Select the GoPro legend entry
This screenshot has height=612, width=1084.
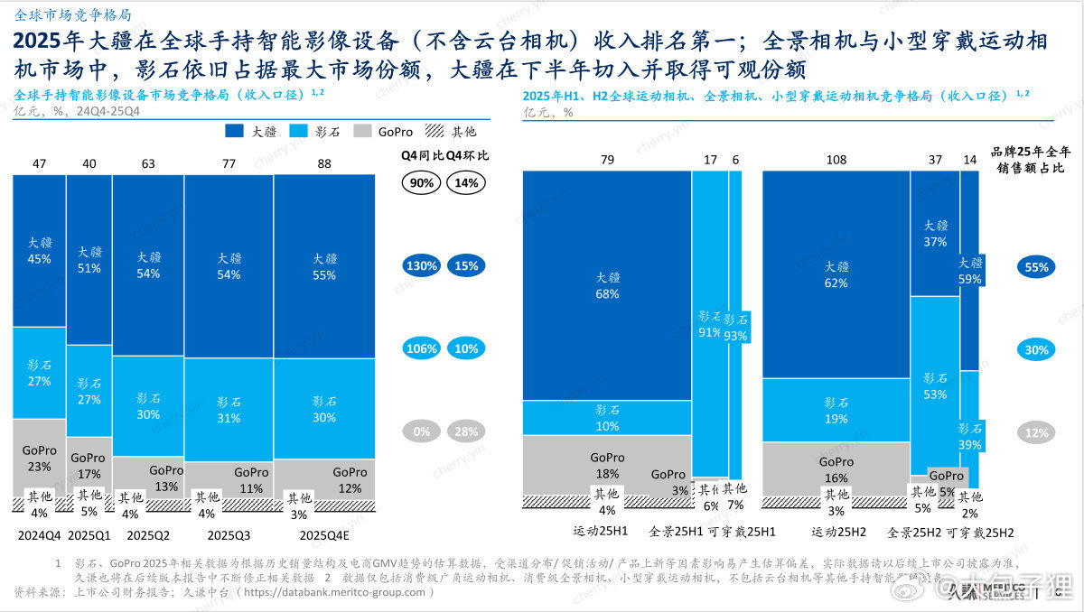coord(383,132)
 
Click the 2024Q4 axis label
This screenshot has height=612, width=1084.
coord(39,534)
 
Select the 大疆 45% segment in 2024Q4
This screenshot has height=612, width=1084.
coord(39,250)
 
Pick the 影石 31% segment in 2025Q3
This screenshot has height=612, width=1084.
coord(228,410)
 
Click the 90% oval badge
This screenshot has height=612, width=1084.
coord(423,182)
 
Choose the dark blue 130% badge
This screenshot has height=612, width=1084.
coord(423,266)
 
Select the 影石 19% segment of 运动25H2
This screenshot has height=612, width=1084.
coord(836,410)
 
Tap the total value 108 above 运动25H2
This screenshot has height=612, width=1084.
coord(836,161)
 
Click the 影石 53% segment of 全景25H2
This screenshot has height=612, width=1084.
coord(934,385)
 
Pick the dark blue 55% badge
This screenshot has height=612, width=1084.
coord(1036,267)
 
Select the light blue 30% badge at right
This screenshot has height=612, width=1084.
coord(1036,350)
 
